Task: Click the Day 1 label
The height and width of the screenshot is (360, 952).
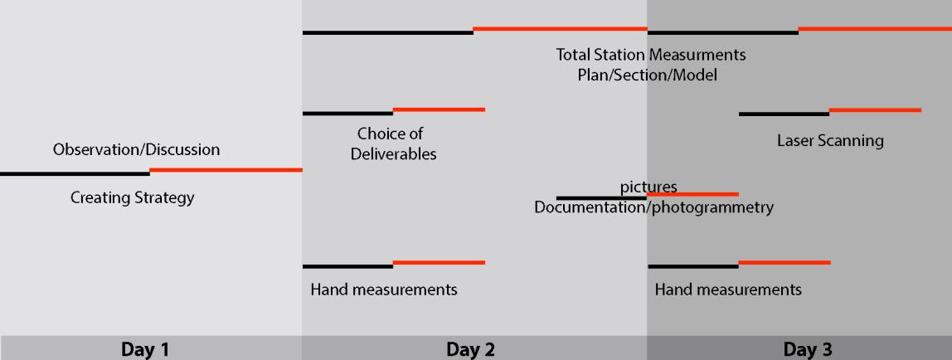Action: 145,349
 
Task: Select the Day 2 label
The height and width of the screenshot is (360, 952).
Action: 470,349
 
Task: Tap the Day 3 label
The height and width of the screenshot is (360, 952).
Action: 807,349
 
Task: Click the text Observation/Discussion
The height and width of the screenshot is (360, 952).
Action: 137,150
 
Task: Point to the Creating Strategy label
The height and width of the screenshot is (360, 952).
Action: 133,198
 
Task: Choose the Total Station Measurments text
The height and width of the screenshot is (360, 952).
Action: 650,56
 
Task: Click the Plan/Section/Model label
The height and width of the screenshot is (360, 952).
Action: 648,75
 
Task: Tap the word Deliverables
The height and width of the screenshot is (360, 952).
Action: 393,154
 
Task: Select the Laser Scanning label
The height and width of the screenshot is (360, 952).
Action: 830,140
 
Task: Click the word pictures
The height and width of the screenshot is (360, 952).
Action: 648,186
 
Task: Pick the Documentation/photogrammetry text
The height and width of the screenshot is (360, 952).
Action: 653,207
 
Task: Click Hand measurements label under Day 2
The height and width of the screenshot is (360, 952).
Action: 384,289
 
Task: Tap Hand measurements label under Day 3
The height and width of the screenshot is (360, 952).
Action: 728,289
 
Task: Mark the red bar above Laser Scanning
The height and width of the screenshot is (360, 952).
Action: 875,109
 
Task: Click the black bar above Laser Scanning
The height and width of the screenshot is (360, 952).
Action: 784,114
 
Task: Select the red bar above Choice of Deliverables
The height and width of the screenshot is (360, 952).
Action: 439,109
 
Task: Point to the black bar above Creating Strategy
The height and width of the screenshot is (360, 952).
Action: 75,174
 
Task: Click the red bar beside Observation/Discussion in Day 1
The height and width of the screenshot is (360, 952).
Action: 226,170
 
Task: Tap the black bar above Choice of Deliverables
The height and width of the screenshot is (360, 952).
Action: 347,114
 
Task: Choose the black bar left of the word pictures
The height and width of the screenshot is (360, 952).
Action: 600,198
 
